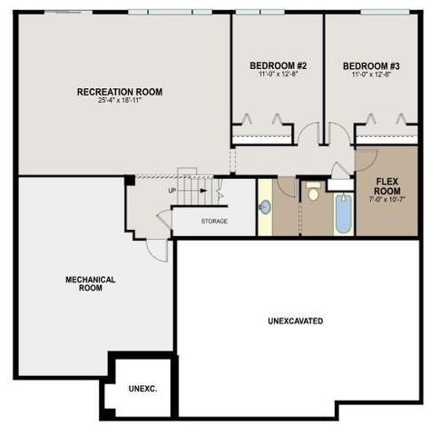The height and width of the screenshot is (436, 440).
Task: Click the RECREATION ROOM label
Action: (x=119, y=92)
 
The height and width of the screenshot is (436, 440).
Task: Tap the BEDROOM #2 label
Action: (x=279, y=66)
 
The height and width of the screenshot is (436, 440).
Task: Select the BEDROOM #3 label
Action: (x=372, y=66)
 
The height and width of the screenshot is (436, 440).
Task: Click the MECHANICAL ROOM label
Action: (x=90, y=283)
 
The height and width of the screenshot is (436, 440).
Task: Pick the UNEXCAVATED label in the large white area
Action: (x=296, y=322)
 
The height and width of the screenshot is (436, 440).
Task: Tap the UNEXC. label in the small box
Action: (x=142, y=388)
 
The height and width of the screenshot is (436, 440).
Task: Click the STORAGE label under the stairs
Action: (x=214, y=221)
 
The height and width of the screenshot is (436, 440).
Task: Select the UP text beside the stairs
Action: (x=172, y=191)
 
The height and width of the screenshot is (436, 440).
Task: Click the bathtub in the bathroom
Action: (x=343, y=213)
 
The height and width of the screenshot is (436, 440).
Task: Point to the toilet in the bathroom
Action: (x=313, y=192)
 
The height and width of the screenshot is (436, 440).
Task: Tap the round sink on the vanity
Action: (x=265, y=207)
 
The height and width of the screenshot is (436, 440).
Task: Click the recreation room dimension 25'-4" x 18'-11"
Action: (x=119, y=101)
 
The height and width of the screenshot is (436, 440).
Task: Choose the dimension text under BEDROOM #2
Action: (x=279, y=75)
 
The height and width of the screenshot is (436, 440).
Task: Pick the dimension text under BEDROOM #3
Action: (x=372, y=75)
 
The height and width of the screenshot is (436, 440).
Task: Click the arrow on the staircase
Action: (x=219, y=193)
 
